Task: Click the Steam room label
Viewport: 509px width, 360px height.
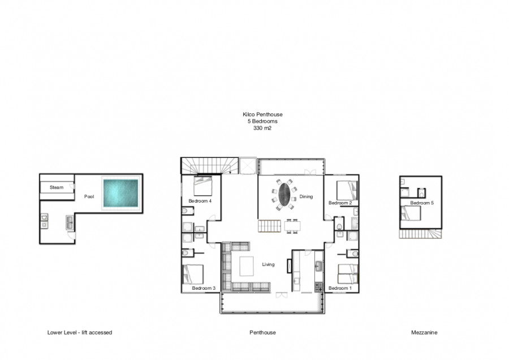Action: click(x=57, y=187)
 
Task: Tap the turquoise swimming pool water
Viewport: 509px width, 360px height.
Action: click(x=121, y=193)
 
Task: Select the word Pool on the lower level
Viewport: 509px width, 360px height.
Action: click(x=89, y=196)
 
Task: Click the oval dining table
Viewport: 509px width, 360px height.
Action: click(x=284, y=194)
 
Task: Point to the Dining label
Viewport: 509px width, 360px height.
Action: click(x=306, y=196)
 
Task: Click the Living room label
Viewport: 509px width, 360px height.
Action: click(x=268, y=264)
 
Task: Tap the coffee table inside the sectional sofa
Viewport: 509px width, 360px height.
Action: click(x=247, y=266)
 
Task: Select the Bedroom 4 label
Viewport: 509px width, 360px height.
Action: click(x=200, y=201)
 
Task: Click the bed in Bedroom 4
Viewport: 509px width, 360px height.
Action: click(x=203, y=186)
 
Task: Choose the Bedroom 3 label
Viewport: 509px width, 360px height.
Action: click(x=204, y=288)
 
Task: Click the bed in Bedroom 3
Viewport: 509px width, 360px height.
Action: click(x=193, y=274)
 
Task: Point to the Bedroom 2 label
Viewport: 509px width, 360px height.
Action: click(x=340, y=203)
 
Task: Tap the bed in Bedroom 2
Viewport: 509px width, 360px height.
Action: click(x=347, y=190)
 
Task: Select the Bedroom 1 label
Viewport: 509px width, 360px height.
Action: click(x=340, y=288)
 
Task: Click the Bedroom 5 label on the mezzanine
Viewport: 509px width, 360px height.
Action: click(x=422, y=203)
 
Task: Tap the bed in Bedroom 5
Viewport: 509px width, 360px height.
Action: click(x=411, y=213)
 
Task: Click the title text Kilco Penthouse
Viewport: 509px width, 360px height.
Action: click(x=262, y=114)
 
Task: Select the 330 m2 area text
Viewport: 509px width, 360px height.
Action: click(x=262, y=128)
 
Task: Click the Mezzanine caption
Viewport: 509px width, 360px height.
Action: click(x=424, y=332)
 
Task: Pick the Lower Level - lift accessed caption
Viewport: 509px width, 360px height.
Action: click(x=80, y=332)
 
